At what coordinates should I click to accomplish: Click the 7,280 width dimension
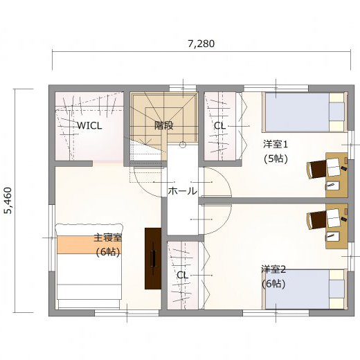201,44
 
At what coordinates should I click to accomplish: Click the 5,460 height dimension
8,200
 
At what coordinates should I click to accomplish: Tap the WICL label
89,126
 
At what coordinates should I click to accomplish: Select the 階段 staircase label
164,125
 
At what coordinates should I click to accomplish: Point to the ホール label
183,191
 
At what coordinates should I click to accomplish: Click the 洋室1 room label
276,145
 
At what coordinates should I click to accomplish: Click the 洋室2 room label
273,269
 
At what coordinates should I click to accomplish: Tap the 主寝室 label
108,237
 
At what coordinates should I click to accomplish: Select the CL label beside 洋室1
219,126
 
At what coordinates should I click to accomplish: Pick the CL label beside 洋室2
182,275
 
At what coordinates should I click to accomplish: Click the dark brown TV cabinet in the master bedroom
153,258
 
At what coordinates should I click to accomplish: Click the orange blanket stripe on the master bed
89,244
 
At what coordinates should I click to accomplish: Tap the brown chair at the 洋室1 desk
316,170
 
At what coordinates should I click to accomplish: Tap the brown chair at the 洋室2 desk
316,221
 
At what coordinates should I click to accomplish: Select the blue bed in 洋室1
305,112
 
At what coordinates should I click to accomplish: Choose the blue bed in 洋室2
305,289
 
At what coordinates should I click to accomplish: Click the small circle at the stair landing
183,145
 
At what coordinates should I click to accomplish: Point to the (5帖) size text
276,159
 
